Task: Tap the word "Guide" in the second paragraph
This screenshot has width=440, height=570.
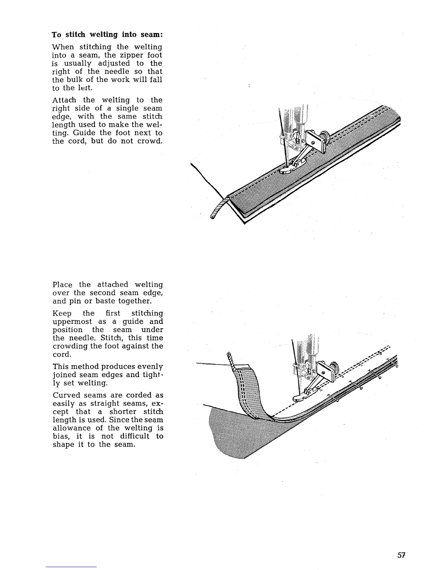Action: (84, 133)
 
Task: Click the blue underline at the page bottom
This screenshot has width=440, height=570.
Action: (71, 567)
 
